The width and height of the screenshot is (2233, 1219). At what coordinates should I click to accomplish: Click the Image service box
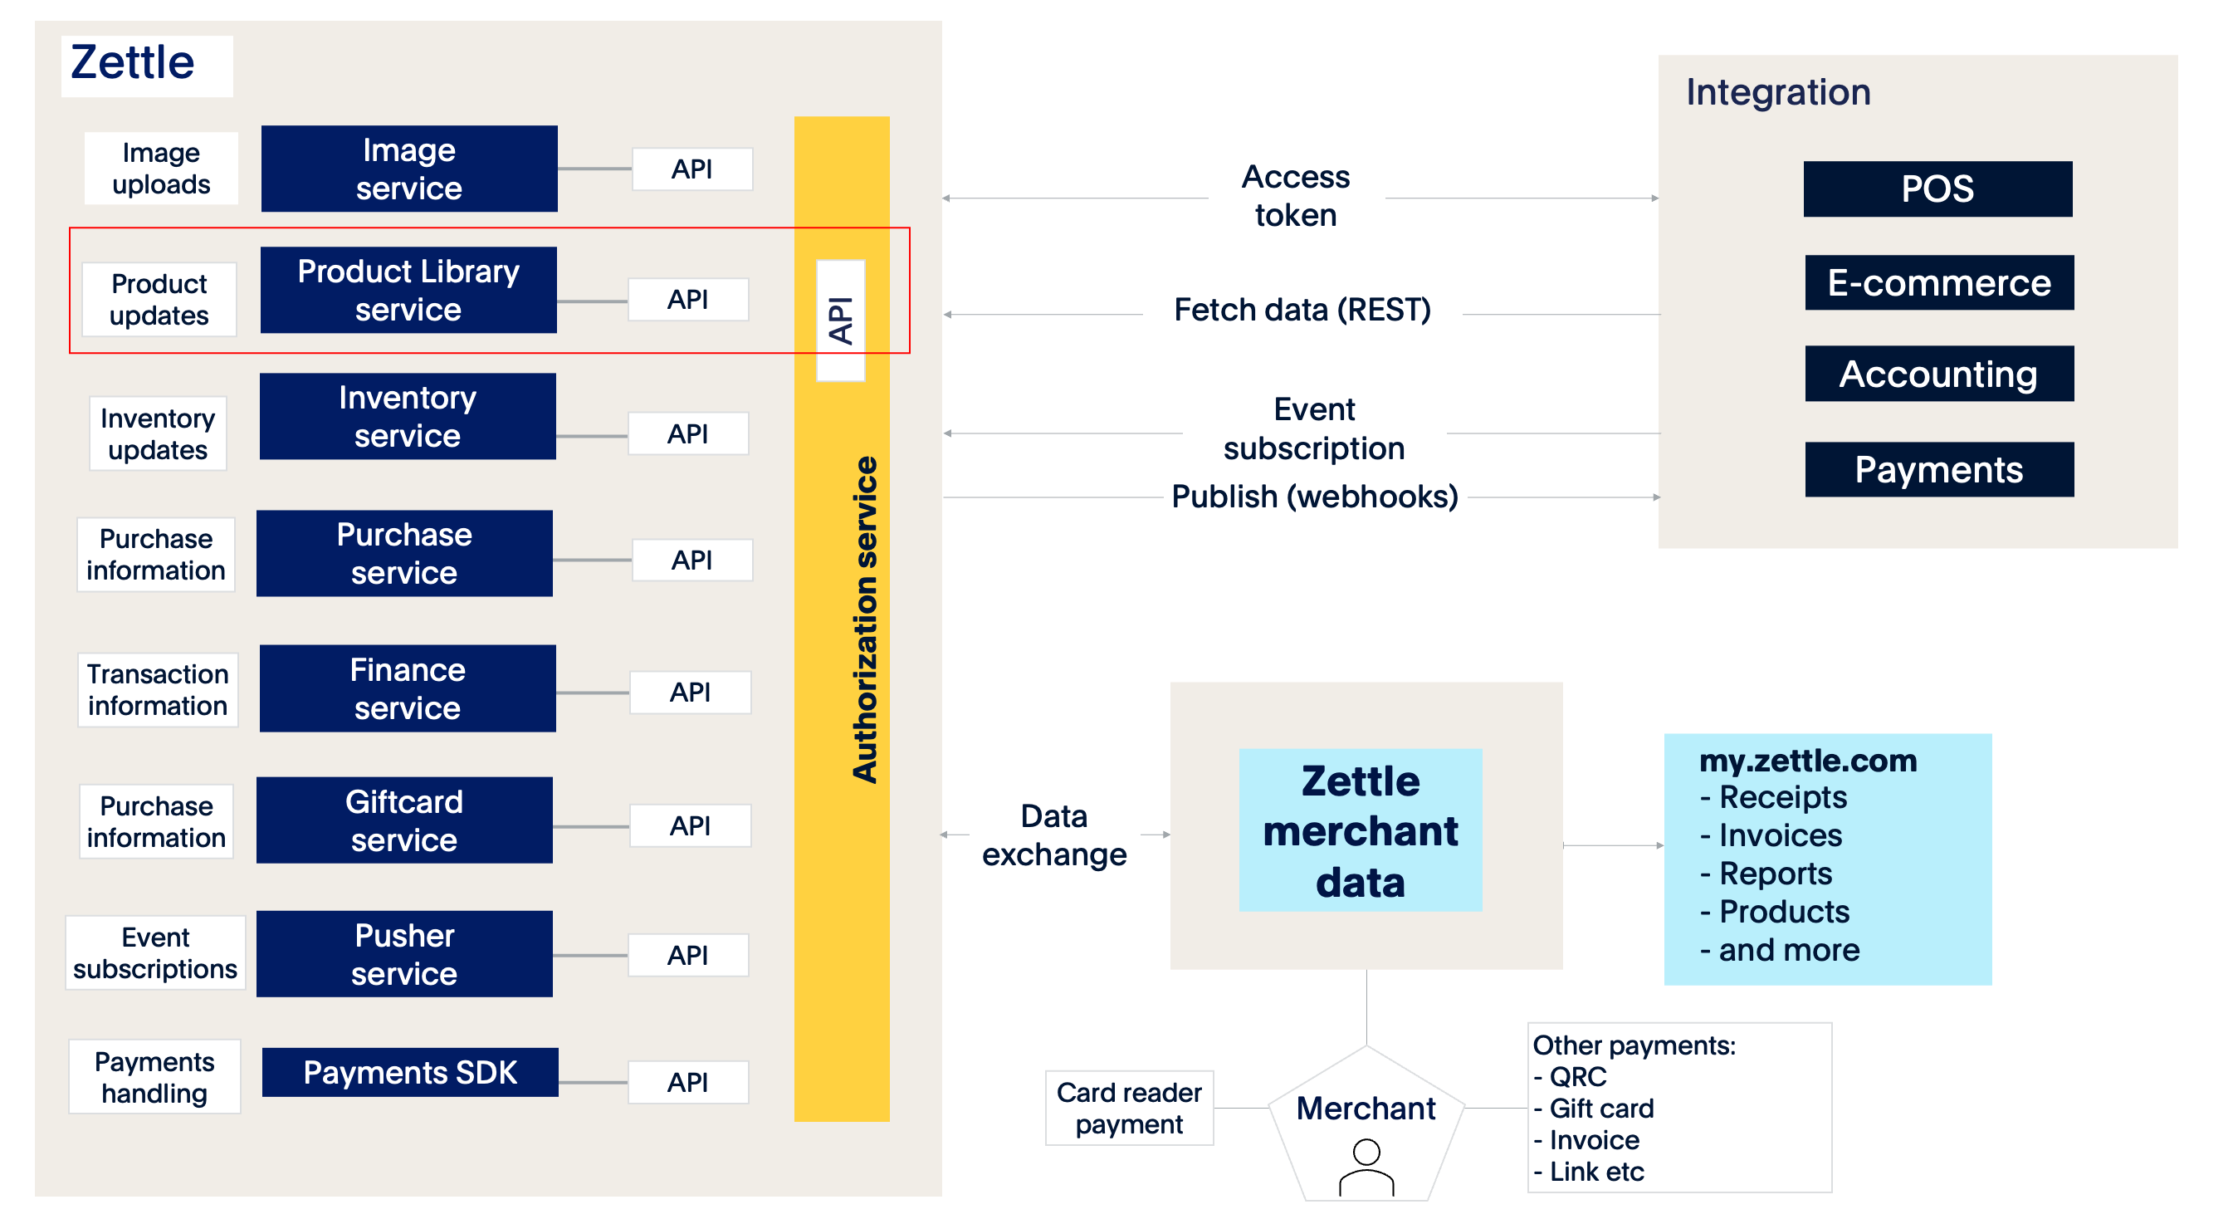tap(409, 169)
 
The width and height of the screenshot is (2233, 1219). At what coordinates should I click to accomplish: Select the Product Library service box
tap(408, 290)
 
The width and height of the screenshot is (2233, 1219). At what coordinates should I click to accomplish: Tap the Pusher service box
tap(404, 954)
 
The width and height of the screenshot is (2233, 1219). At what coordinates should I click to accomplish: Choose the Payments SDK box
tap(410, 1073)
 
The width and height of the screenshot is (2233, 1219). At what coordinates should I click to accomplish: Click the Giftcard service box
tap(404, 820)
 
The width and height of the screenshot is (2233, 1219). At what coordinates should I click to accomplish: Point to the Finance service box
tap(408, 688)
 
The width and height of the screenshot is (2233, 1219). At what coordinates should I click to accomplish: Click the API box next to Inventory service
tap(687, 433)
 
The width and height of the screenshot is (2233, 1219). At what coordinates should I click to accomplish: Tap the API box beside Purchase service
tap(691, 560)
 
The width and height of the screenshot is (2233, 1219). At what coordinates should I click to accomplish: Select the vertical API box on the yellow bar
tap(840, 320)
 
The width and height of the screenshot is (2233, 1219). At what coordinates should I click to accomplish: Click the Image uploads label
tap(161, 169)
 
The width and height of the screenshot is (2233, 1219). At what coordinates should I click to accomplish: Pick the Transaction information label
tap(157, 690)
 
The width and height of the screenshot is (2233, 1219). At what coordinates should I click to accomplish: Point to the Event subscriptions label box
tap(155, 952)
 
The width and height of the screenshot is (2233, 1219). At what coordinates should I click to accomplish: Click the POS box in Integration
tap(1937, 189)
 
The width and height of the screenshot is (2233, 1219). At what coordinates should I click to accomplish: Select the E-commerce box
tap(1939, 282)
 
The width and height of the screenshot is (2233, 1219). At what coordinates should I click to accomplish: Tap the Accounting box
tap(1939, 374)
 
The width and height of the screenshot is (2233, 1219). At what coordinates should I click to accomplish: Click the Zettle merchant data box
tap(1360, 830)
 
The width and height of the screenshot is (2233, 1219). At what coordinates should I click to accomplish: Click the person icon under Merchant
tap(1366, 1167)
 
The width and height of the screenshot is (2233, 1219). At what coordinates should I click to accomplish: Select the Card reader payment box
tap(1129, 1108)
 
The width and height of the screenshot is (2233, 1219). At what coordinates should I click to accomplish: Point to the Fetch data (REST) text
tap(1302, 310)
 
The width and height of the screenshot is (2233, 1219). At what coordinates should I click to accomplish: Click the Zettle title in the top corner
tap(133, 62)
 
